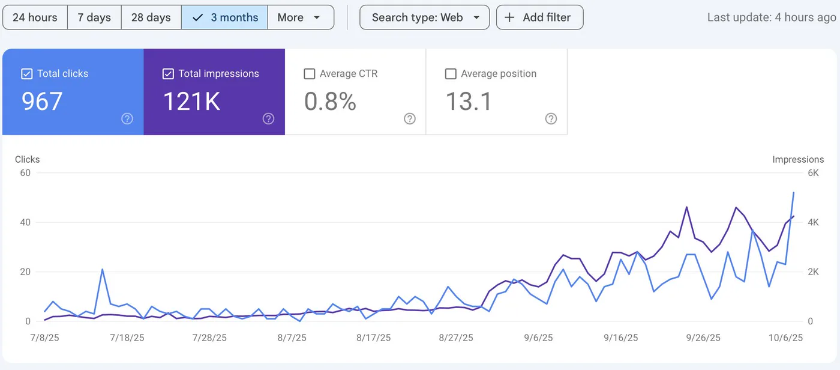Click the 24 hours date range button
pos(35,17)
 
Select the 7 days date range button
pos(94,17)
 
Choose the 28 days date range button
pos(151,17)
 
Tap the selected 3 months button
pos(224,17)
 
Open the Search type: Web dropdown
pos(425,17)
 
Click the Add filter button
pos(539,17)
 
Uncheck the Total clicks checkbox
pos(26,74)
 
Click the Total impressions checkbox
pos(168,74)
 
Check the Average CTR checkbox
pos(310,74)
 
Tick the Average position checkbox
pos(451,74)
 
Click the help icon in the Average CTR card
pos(409,119)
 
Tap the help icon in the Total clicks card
pos(127,119)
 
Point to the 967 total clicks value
pos(42,102)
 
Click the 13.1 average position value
pos(469,102)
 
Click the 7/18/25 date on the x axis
pos(127,338)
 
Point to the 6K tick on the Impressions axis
pos(814,173)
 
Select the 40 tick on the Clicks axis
pos(25,222)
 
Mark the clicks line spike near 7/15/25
pos(103,270)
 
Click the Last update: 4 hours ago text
pos(772,17)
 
